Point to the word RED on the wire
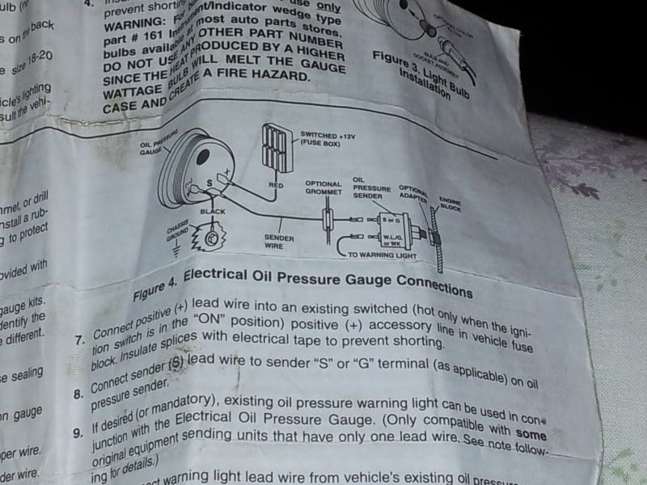(x=274, y=185)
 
